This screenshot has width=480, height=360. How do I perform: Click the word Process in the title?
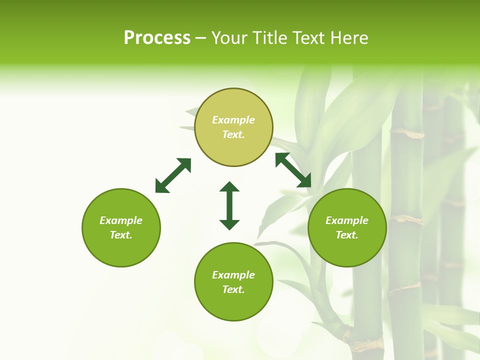coord(157,38)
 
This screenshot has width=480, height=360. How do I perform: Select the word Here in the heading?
coord(349,38)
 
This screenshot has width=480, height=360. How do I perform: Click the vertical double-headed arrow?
coord(229,205)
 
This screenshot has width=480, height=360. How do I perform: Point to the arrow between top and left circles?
coord(173,175)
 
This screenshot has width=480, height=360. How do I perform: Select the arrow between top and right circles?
coord(293,170)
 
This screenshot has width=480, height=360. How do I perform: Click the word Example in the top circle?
coord(233,120)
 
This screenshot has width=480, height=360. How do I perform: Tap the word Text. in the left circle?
coord(121,235)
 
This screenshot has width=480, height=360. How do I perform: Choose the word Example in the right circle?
coord(347,220)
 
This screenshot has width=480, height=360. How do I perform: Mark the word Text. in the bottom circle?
coord(233,289)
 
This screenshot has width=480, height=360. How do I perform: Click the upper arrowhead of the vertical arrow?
coord(229,187)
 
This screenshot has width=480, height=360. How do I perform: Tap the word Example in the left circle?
coord(121,220)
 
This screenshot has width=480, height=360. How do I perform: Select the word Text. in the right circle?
coord(347,235)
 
